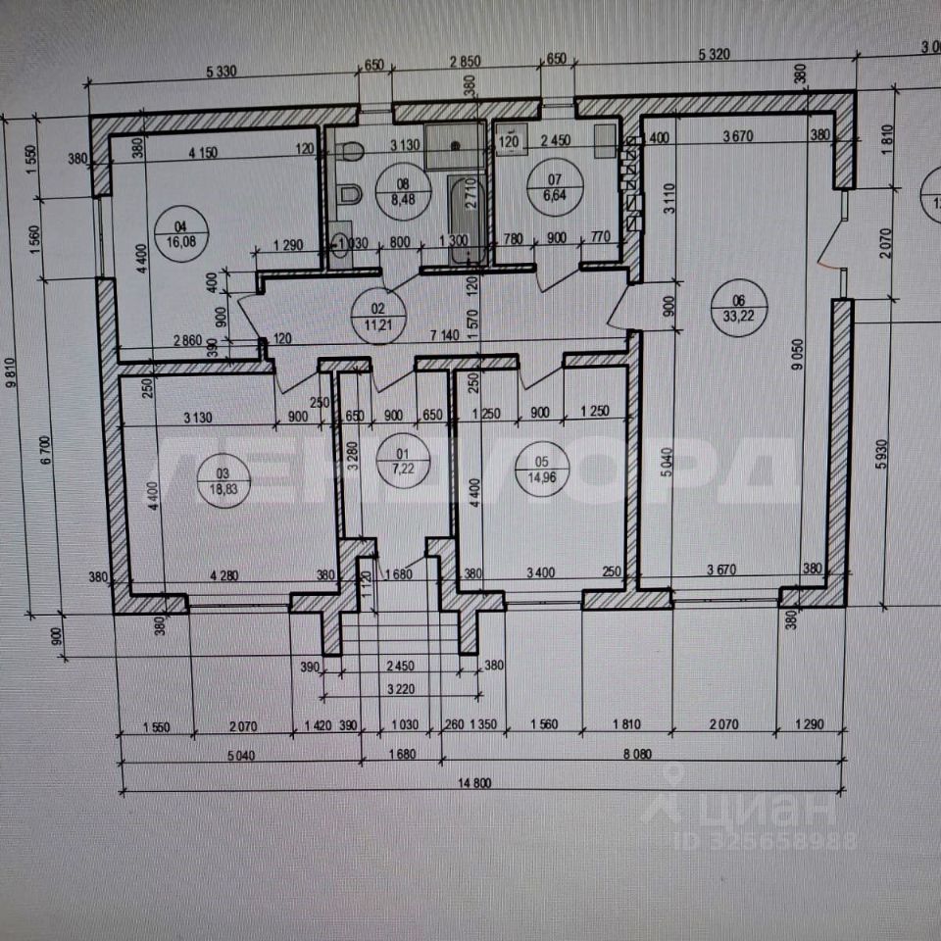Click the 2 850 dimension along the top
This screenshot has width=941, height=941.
pyautogui.click(x=466, y=61)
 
